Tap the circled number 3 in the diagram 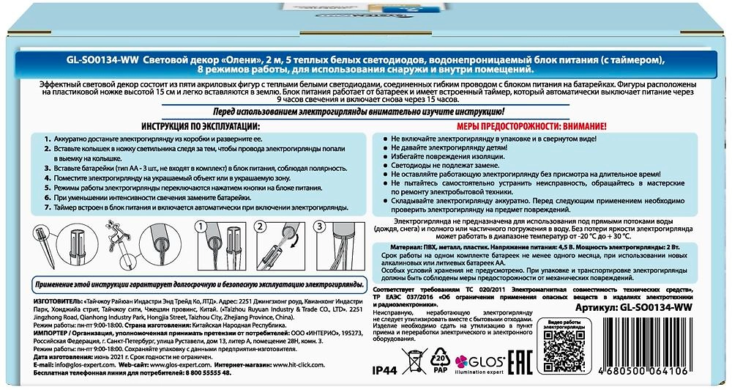[318, 228]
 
